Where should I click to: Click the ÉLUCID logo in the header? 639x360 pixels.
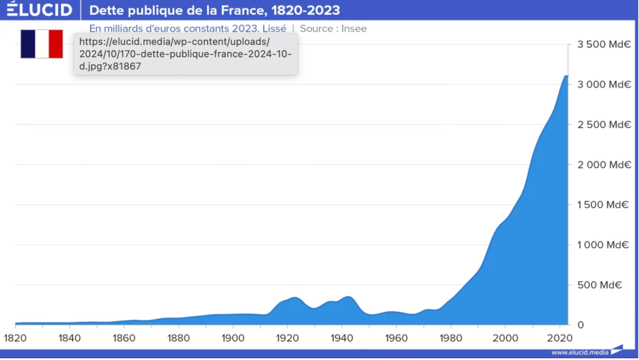tap(39, 10)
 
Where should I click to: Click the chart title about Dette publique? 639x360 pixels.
tap(214, 10)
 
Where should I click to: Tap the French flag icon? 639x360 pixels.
tap(42, 44)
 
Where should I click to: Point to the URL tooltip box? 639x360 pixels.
tap(185, 54)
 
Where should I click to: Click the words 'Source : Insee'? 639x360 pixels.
tap(333, 29)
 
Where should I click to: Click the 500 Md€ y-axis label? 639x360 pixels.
tap(598, 285)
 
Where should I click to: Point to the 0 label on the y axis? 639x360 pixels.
tap(580, 325)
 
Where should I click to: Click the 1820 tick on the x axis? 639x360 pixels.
tap(15, 338)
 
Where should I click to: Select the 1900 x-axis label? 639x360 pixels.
tap(233, 338)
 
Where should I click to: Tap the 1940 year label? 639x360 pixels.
tap(341, 338)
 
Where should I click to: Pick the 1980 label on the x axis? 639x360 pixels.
tap(450, 338)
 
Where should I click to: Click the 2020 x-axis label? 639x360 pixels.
tap(559, 338)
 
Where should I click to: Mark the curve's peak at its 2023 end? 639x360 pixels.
tap(566, 76)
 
